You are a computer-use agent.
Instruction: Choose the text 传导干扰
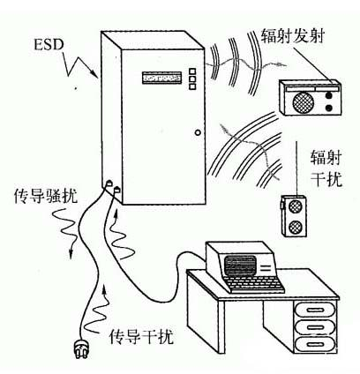tap(138, 337)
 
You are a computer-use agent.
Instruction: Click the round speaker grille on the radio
tap(303, 100)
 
